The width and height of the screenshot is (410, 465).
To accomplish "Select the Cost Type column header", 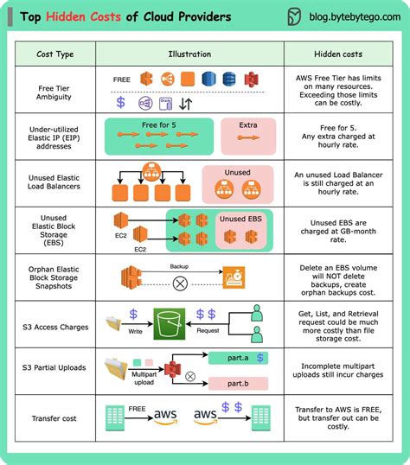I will pos(54,54).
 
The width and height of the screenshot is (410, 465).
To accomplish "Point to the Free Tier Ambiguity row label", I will pos(54,92).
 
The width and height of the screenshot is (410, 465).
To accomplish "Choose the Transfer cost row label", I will pos(54,419).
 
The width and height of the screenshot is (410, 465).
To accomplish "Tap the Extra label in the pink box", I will pos(247,125).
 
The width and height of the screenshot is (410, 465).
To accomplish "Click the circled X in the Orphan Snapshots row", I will pos(181,283).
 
